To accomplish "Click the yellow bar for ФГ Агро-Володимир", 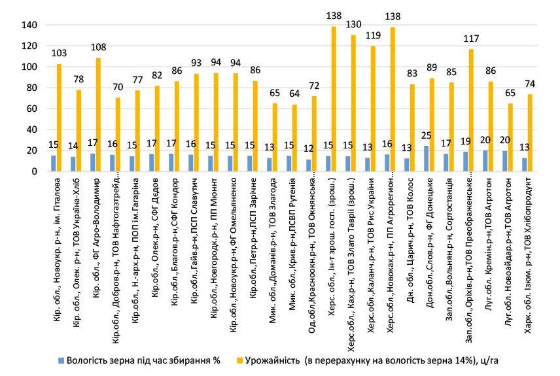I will coord(98,114).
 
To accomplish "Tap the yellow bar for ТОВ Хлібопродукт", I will coord(531,133).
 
